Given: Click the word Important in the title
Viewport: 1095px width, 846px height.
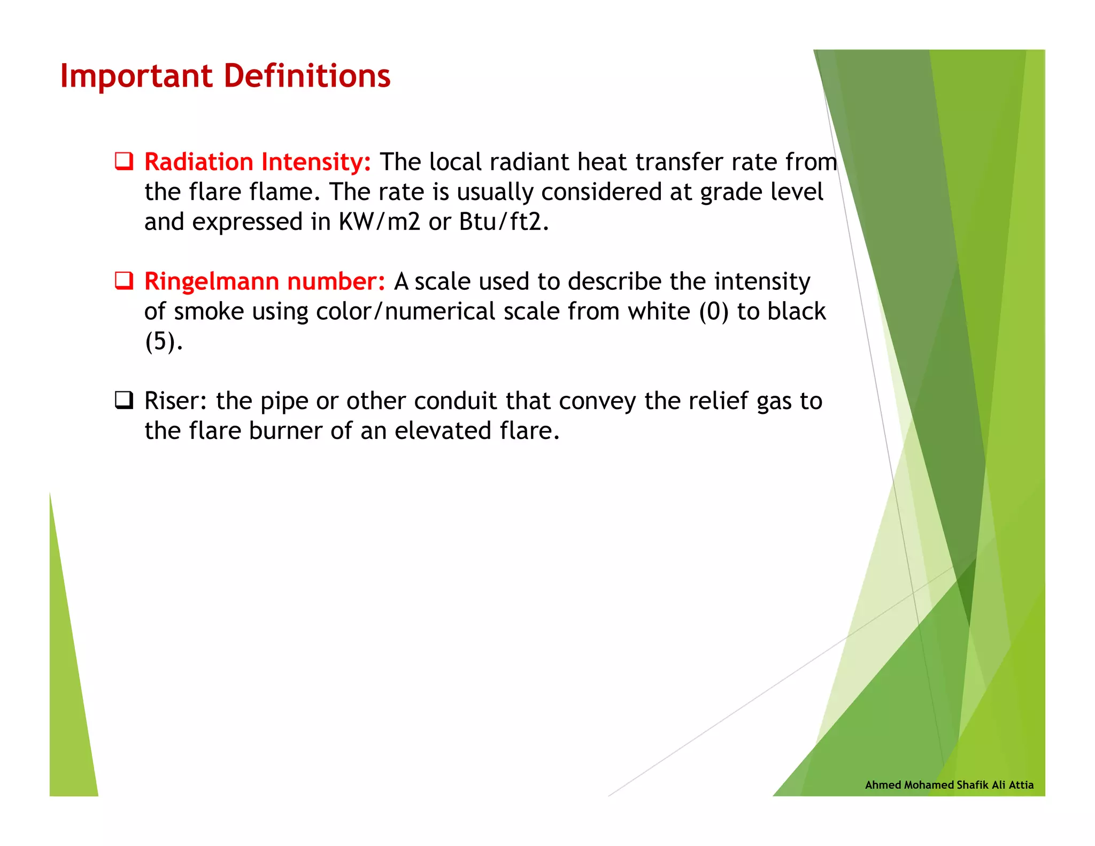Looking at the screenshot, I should [x=136, y=76].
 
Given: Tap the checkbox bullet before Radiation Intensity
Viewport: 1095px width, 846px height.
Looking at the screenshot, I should [x=124, y=161].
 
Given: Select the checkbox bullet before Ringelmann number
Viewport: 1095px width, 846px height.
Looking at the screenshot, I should [x=124, y=280].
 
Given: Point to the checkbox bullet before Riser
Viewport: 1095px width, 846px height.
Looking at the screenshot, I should [x=124, y=400].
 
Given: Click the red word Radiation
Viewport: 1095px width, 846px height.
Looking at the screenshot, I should [x=199, y=162].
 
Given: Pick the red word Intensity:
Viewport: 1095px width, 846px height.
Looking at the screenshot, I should [x=317, y=162].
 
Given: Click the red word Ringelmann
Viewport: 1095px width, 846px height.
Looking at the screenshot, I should [x=212, y=282].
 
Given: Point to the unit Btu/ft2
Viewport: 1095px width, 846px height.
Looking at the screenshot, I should [x=504, y=222].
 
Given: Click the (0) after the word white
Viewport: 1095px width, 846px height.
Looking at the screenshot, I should [x=714, y=312].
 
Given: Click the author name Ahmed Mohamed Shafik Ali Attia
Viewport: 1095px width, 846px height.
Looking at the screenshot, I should [x=949, y=785].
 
